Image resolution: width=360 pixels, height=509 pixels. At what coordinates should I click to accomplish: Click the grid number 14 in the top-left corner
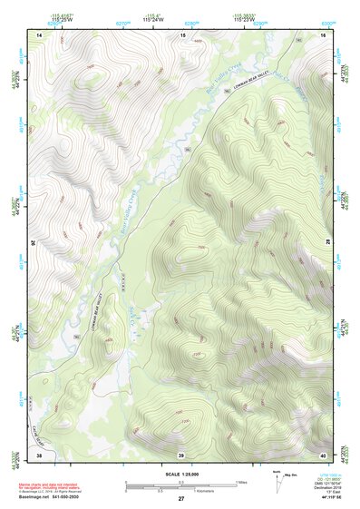(x=39, y=34)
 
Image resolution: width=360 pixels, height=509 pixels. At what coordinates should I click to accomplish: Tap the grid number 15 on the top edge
(x=182, y=34)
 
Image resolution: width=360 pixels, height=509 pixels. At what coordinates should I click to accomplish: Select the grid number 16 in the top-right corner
(x=323, y=34)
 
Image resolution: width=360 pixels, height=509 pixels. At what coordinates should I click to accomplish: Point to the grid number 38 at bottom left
(x=39, y=454)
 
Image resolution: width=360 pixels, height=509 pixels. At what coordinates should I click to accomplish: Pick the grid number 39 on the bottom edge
(x=181, y=454)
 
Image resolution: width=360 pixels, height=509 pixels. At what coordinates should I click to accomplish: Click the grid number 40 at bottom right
(x=323, y=454)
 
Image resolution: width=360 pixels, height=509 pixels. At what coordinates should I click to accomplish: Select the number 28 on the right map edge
(x=331, y=243)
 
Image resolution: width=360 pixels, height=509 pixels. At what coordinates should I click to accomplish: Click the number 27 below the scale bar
(x=181, y=499)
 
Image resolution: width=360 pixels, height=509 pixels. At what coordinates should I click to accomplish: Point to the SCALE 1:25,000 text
(x=180, y=475)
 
